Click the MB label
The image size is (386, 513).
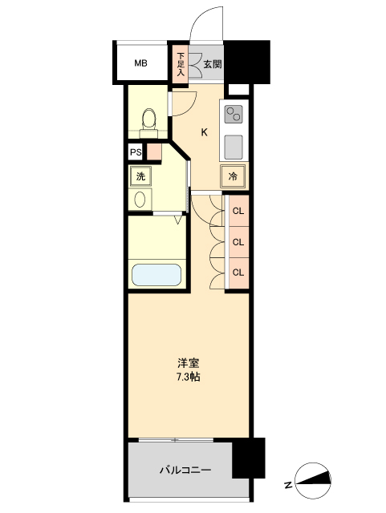coord(140,63)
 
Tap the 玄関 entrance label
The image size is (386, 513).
coord(212,64)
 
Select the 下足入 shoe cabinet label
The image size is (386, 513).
coord(181,63)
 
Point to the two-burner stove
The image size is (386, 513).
coord(234,115)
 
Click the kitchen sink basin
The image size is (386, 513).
coord(234,147)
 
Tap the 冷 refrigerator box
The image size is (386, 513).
coord(233,176)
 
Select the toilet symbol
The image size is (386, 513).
coord(147,119)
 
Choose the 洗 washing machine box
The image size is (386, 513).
coord(140,176)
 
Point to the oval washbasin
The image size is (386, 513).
coord(140,199)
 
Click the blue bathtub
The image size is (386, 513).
coord(157,275)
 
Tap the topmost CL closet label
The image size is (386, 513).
coord(238,212)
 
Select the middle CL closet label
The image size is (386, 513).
coord(238,241)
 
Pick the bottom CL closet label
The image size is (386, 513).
coord(238,272)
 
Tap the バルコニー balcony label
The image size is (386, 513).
coord(185,469)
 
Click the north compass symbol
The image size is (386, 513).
coord(311,481)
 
